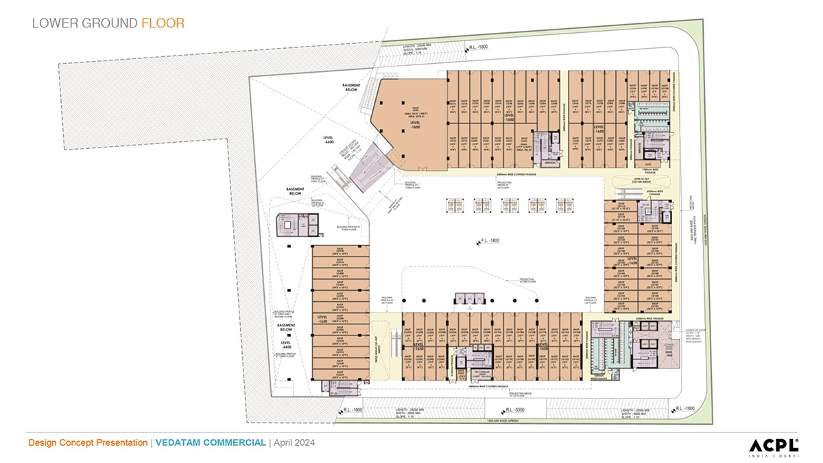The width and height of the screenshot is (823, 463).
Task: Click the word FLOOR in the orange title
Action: tap(163, 23)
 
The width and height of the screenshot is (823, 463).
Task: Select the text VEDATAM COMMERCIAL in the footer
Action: tap(210, 442)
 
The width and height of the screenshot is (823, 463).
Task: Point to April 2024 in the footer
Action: tap(294, 442)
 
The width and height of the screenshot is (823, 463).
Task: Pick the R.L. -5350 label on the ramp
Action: tap(510, 410)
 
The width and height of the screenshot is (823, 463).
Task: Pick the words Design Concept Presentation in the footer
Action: tap(88, 442)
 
